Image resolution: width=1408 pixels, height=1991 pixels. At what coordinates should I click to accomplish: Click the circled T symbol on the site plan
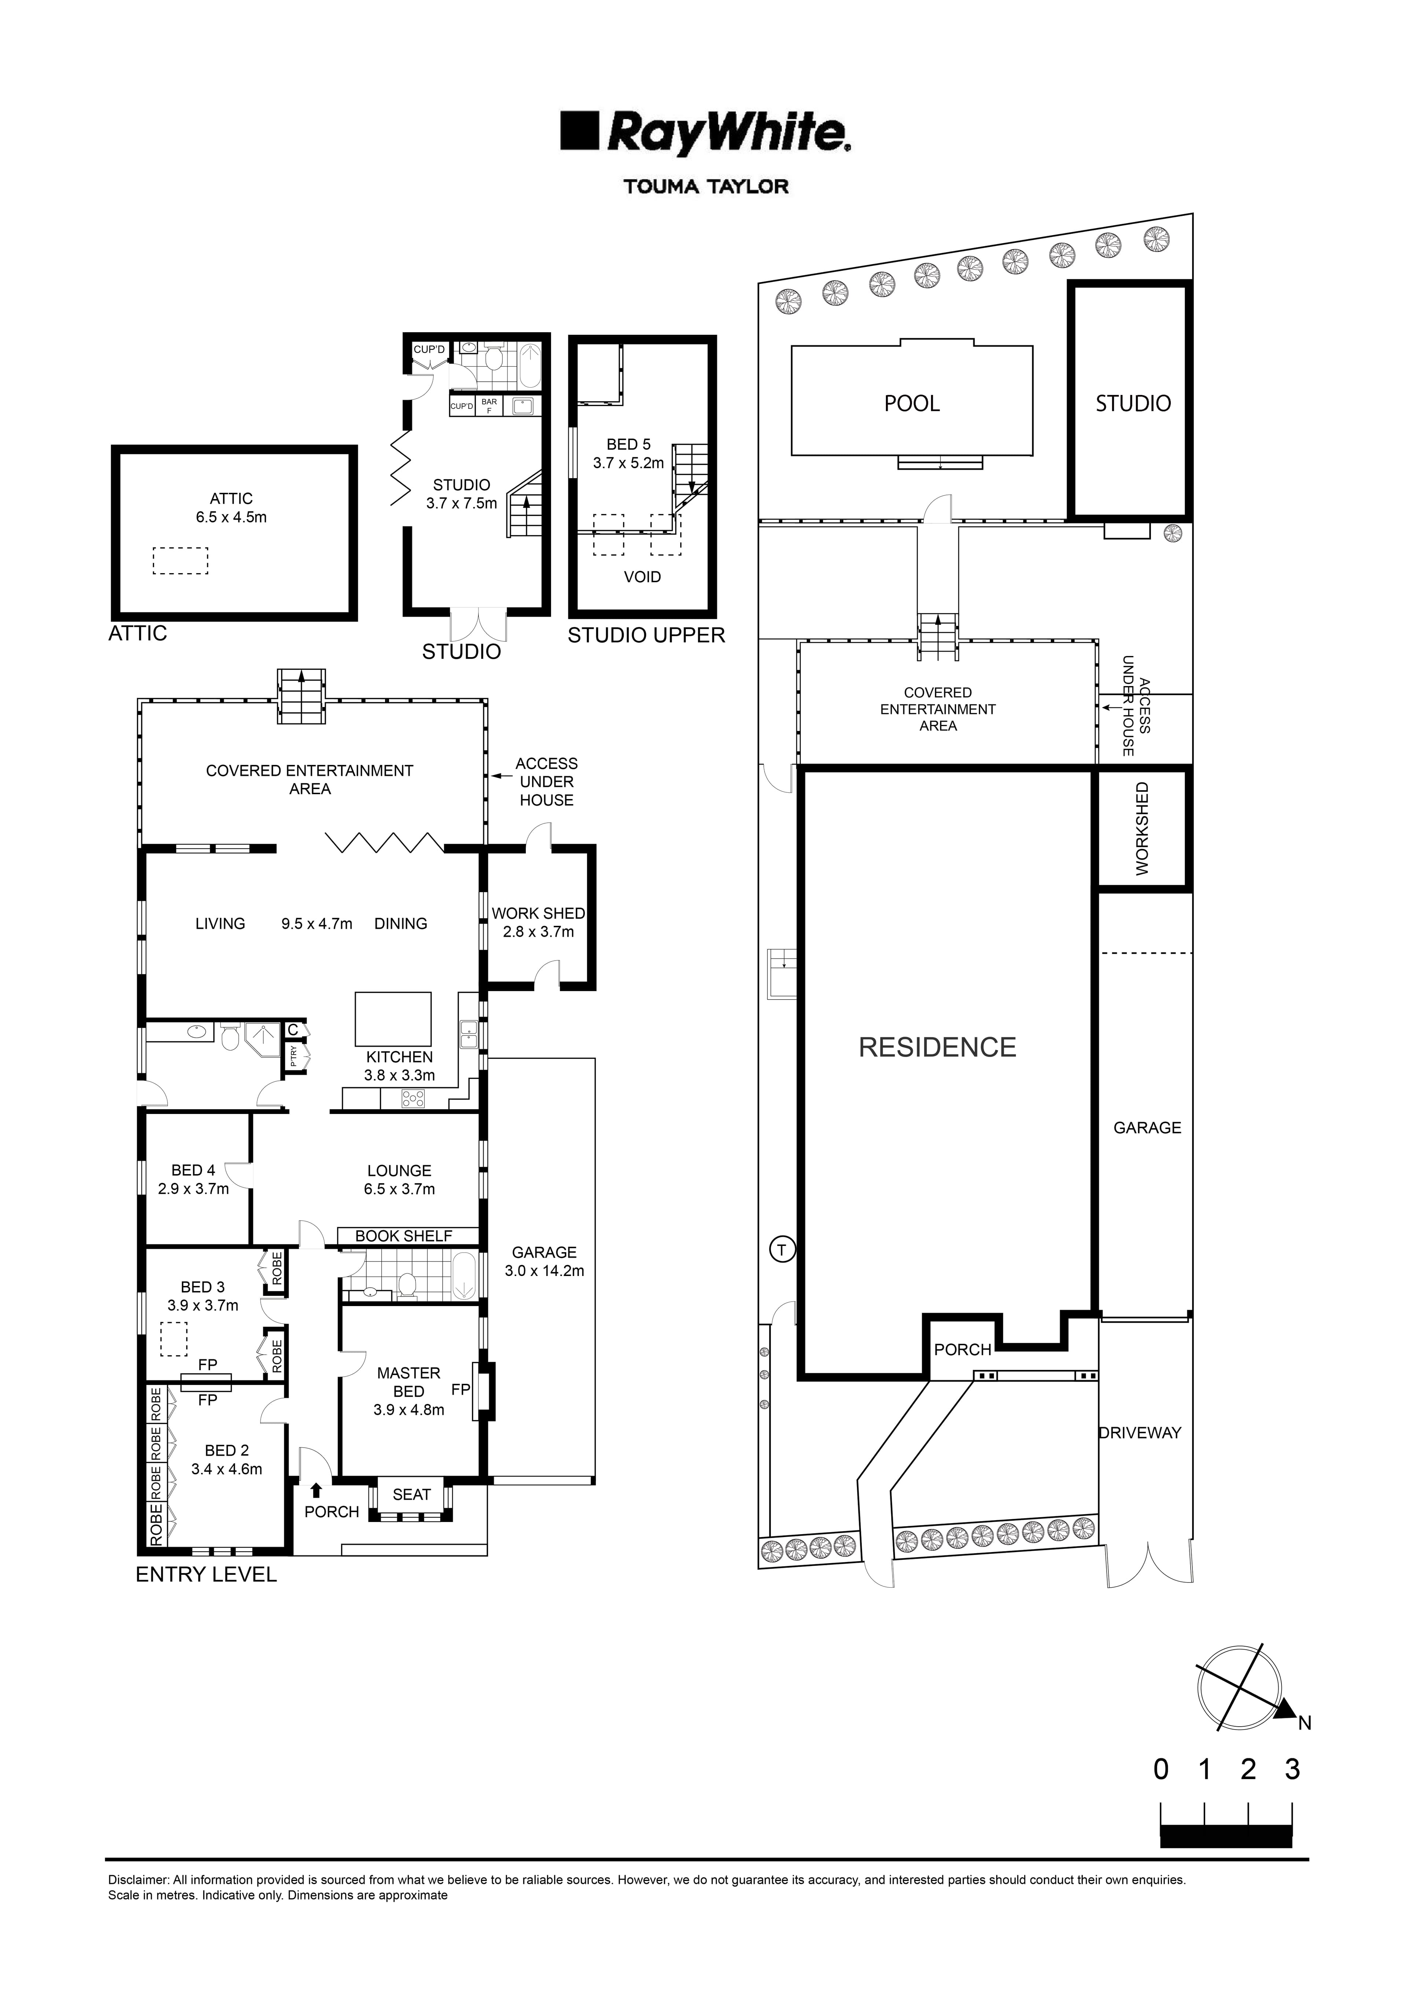click(782, 1250)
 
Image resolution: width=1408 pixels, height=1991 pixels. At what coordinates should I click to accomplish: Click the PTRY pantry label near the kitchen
click(294, 1055)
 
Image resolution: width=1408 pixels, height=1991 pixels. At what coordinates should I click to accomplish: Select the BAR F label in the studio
click(489, 405)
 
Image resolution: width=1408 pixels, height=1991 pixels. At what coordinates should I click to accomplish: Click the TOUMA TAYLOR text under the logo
click(706, 186)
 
